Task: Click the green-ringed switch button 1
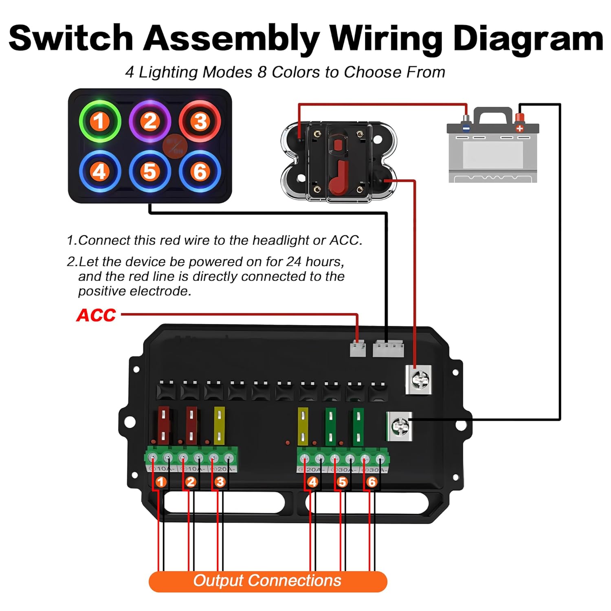(x=99, y=121)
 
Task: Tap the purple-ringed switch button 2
(x=150, y=121)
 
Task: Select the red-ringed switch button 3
(x=200, y=121)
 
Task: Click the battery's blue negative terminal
(x=466, y=124)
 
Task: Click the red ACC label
(x=96, y=315)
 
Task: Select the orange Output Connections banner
(x=268, y=581)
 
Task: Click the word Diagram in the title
(x=527, y=39)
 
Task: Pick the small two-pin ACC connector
(x=358, y=349)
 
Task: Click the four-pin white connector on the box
(x=388, y=349)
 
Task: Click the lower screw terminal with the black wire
(x=399, y=426)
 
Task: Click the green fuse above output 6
(x=358, y=426)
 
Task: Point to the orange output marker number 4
(x=313, y=482)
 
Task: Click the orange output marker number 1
(x=161, y=482)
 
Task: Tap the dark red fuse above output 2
(x=191, y=425)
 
